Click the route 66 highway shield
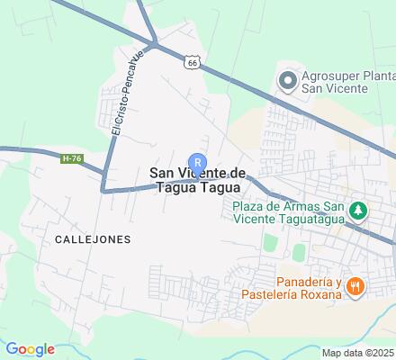(193, 61)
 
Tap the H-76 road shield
(71, 158)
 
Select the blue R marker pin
(198, 162)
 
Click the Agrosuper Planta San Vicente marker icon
(287, 82)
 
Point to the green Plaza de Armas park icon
(359, 211)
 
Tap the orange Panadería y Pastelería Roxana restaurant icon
(356, 287)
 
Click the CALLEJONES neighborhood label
(93, 239)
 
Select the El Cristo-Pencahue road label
(127, 94)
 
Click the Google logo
(29, 349)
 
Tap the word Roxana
(319, 294)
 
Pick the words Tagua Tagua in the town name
(198, 187)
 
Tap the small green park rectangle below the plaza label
(269, 241)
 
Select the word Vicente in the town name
(202, 174)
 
